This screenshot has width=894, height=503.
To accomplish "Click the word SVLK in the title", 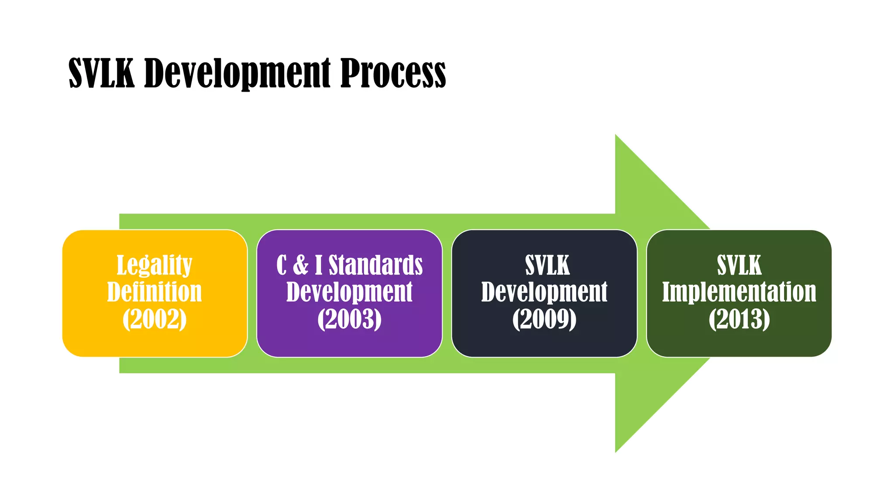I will (101, 73).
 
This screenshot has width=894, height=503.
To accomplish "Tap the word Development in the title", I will (237, 73).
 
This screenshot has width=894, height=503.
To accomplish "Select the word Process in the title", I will (393, 73).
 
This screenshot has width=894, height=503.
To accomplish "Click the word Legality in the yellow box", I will (154, 265).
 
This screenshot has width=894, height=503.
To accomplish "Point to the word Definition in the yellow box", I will (154, 292).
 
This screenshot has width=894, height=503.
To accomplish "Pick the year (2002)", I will (154, 319).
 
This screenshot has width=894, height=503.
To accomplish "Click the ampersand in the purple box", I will (300, 265).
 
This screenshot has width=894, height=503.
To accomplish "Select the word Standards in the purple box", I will (375, 265).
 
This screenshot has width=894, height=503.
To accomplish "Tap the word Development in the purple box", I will (349, 292).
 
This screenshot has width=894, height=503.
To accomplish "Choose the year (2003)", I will (349, 319).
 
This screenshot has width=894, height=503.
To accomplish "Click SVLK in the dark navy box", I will (547, 265).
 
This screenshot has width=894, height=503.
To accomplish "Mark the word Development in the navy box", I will (544, 292).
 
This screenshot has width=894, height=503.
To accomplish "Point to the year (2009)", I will (544, 319).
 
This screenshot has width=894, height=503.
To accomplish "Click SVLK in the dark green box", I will (739, 265).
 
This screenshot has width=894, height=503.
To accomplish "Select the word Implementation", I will (739, 292).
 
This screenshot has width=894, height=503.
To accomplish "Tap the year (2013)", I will (739, 319).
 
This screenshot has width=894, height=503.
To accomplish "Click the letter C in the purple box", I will (282, 265).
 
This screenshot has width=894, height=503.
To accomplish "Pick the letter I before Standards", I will (319, 265).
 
